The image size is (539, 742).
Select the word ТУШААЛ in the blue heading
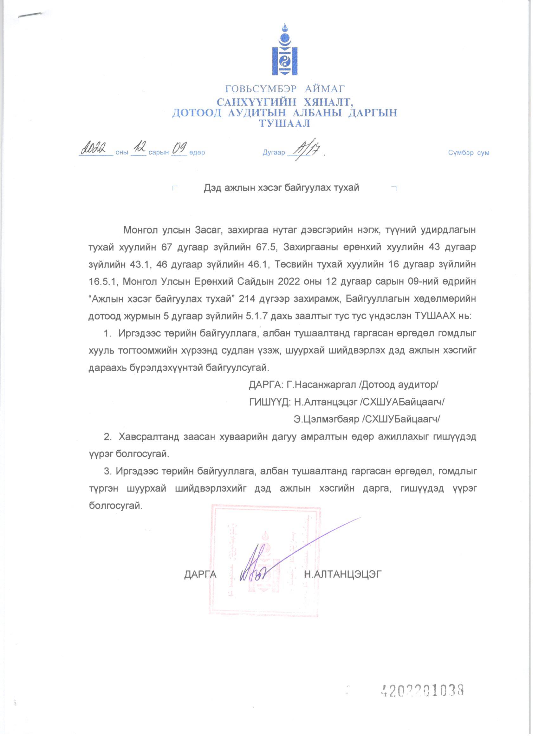[284, 123]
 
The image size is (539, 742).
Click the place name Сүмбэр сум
[468, 153]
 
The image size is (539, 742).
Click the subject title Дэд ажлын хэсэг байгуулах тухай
[282, 188]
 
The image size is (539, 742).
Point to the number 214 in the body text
[247, 299]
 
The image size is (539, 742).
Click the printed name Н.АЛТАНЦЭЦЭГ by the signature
[342, 574]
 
